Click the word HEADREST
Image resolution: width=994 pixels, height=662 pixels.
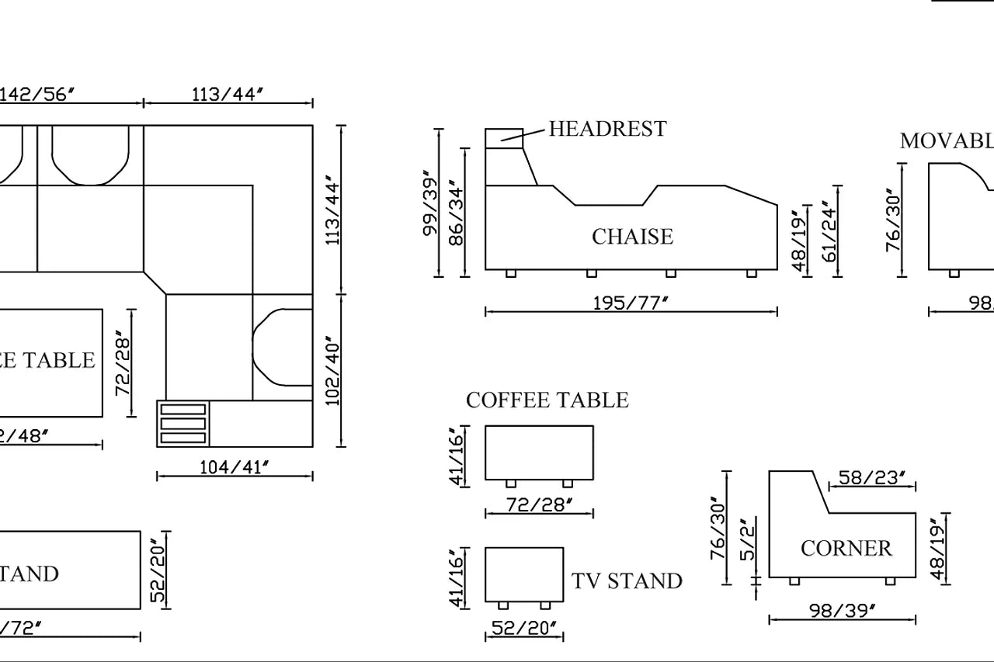[607, 129]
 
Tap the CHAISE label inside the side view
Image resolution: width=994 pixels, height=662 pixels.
[632, 237]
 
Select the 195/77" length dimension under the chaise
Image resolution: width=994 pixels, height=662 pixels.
[630, 303]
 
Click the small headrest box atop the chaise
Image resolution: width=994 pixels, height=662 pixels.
[504, 138]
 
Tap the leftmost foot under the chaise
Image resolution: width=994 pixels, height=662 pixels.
[510, 273]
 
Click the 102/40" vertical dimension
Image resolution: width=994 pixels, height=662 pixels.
[332, 372]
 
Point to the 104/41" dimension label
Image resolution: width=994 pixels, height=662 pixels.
[234, 467]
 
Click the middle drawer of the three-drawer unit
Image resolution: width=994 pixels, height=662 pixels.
[183, 424]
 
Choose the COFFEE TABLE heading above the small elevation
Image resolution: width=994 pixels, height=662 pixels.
[547, 400]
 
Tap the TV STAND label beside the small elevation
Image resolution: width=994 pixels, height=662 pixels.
[627, 581]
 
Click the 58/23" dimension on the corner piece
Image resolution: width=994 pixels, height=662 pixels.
[872, 478]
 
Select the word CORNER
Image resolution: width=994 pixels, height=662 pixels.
[846, 549]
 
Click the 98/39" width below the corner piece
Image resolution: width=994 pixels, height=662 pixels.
[842, 611]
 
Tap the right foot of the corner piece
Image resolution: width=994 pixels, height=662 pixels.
[890, 581]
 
